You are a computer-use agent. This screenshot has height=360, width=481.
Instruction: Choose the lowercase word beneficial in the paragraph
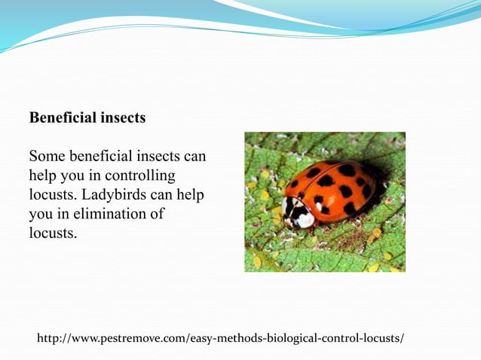pos(103,157)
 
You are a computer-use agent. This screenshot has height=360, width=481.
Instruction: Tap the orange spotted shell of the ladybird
pos(335,188)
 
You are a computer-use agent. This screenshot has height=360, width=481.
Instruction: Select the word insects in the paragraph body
pos(158,157)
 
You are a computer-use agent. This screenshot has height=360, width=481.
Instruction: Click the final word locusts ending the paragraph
pos(52,234)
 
